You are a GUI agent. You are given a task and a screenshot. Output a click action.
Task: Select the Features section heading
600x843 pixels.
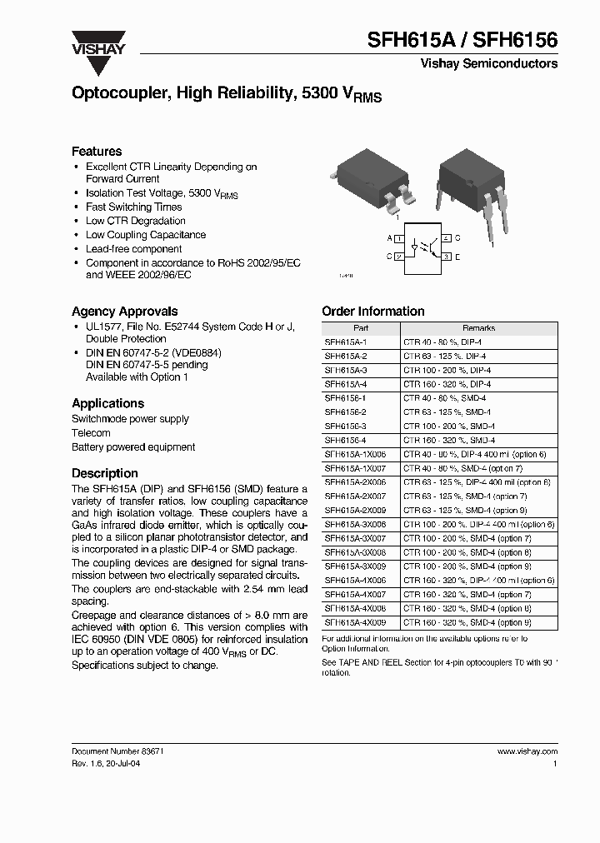[97, 152]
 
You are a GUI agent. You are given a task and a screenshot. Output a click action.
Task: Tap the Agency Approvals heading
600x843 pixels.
[124, 312]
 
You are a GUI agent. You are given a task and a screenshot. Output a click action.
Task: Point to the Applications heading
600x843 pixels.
[108, 403]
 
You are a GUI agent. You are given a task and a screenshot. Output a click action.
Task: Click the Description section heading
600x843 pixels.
[105, 473]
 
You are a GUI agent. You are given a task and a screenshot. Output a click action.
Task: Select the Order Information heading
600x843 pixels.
[372, 312]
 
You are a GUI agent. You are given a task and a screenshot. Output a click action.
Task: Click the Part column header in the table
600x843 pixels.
[360, 328]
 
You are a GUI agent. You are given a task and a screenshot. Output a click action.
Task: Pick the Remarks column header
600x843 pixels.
[478, 328]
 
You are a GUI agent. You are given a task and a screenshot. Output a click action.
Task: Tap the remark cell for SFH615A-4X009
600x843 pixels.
[467, 622]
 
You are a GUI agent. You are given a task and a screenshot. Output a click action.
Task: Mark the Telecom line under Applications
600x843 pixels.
[91, 433]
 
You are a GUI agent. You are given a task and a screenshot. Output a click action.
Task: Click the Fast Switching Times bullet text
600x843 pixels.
[133, 207]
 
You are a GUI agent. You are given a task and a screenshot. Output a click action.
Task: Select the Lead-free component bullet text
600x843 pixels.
[133, 248]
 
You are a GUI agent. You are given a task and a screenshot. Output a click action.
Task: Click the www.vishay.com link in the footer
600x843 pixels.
[527, 751]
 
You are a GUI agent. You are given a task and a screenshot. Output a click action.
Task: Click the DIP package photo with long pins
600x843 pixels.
[468, 187]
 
